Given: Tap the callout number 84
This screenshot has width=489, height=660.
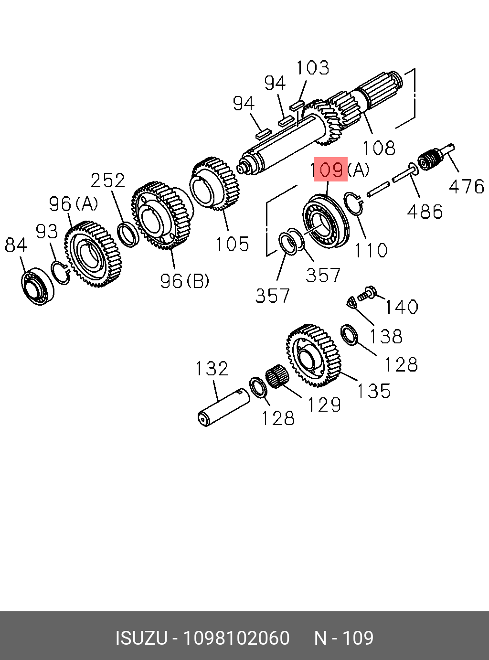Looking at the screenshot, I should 16,245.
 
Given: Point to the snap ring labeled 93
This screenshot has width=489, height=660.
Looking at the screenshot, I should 61,273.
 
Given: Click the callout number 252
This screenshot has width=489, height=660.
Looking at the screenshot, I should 108,180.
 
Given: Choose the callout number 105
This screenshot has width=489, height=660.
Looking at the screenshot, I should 232,244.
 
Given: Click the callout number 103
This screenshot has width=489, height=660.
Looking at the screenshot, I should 313,68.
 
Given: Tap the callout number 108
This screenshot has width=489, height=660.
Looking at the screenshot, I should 379,148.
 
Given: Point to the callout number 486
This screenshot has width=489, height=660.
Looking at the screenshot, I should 425,211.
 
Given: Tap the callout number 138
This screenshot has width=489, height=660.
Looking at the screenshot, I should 386,336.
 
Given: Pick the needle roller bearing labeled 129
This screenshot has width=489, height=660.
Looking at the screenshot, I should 276,375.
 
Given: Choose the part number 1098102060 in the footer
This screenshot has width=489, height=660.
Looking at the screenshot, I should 237,638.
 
